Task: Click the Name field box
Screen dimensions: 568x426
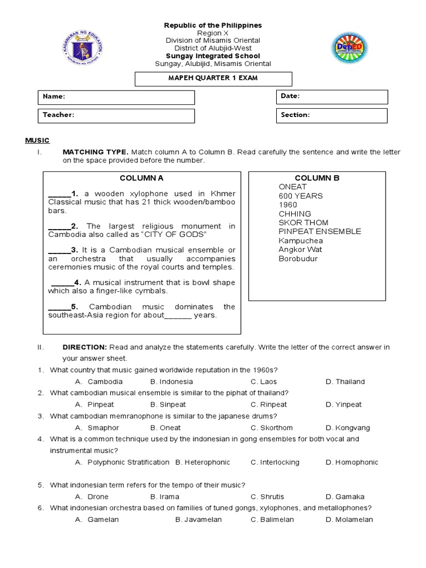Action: click(116, 97)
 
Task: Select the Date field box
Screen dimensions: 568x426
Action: click(332, 97)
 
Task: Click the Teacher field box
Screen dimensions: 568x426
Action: click(116, 115)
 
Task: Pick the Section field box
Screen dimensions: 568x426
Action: click(332, 115)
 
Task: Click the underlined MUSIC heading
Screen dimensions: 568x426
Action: click(37, 140)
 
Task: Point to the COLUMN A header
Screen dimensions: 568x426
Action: click(141, 178)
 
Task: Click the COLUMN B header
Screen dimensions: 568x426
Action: click(317, 178)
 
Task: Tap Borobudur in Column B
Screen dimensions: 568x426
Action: click(298, 258)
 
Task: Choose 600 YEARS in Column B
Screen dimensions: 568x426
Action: click(300, 196)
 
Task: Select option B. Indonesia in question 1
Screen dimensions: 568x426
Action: click(171, 382)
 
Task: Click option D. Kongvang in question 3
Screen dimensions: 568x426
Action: click(348, 428)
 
